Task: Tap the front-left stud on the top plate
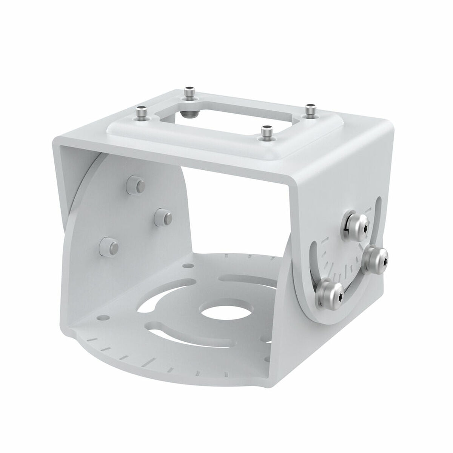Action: [x=141, y=112]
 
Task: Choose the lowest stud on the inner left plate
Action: [x=109, y=246]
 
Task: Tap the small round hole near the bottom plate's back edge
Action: [x=186, y=266]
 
